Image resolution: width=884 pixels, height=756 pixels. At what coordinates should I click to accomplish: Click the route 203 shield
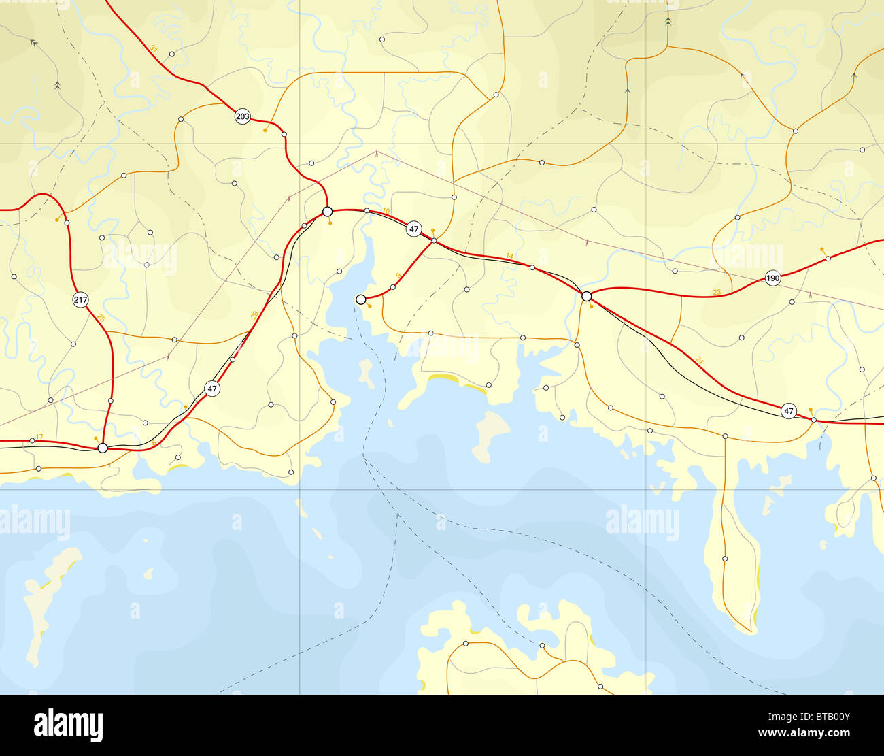(242, 116)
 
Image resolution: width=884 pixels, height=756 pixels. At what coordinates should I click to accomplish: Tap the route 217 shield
(81, 299)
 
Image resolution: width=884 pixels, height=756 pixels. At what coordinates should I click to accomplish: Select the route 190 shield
(772, 278)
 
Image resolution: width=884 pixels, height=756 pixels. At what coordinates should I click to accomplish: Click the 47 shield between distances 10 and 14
(414, 229)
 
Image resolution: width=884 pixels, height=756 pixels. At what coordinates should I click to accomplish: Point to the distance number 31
(154, 48)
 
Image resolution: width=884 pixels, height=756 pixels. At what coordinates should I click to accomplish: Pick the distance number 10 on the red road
(386, 212)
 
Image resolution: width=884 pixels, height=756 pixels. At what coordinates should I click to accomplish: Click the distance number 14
(510, 256)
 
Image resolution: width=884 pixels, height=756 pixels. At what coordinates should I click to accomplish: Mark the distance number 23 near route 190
(717, 292)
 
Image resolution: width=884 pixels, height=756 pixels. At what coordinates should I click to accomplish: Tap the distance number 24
(700, 359)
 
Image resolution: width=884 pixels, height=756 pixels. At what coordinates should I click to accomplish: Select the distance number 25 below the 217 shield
(101, 318)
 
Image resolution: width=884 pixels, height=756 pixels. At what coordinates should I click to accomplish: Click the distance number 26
(254, 314)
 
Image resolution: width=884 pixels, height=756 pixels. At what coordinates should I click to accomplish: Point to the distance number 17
(39, 436)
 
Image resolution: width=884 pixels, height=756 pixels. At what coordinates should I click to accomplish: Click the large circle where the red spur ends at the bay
(361, 299)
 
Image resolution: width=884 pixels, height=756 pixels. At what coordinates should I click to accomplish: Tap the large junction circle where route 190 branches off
(587, 296)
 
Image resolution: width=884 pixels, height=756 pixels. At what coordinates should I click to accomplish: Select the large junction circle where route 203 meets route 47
(327, 212)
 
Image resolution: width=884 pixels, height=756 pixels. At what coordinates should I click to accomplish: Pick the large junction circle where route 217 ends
(102, 448)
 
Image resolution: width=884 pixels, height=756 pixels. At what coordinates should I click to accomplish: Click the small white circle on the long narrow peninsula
(725, 559)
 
